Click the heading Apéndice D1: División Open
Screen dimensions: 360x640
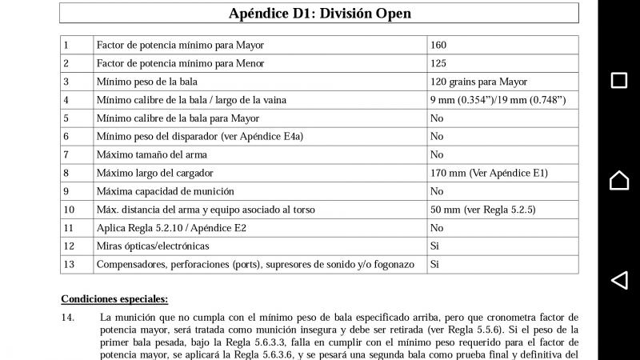[x=319, y=14]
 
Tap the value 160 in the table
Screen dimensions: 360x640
[x=438, y=45]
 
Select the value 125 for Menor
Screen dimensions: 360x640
[x=438, y=63]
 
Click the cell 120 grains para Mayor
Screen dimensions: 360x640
[x=478, y=82]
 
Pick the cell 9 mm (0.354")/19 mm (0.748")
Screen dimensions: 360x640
[x=498, y=100]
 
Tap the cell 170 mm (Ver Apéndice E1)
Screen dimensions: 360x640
[x=489, y=173]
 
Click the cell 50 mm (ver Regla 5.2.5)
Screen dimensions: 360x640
[x=482, y=210]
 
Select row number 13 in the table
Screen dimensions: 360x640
[x=68, y=264]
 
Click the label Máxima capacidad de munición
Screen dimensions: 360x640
[x=165, y=191]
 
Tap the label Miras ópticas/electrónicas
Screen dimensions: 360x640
[x=153, y=246]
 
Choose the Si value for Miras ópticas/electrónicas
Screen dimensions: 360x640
[x=435, y=246]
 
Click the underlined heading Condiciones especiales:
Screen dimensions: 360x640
[x=114, y=299]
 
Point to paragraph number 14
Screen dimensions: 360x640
[x=68, y=318]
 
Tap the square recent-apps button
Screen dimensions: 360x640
[x=618, y=80]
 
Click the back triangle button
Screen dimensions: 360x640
[x=618, y=280]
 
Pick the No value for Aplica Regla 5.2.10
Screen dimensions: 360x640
[x=437, y=228]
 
